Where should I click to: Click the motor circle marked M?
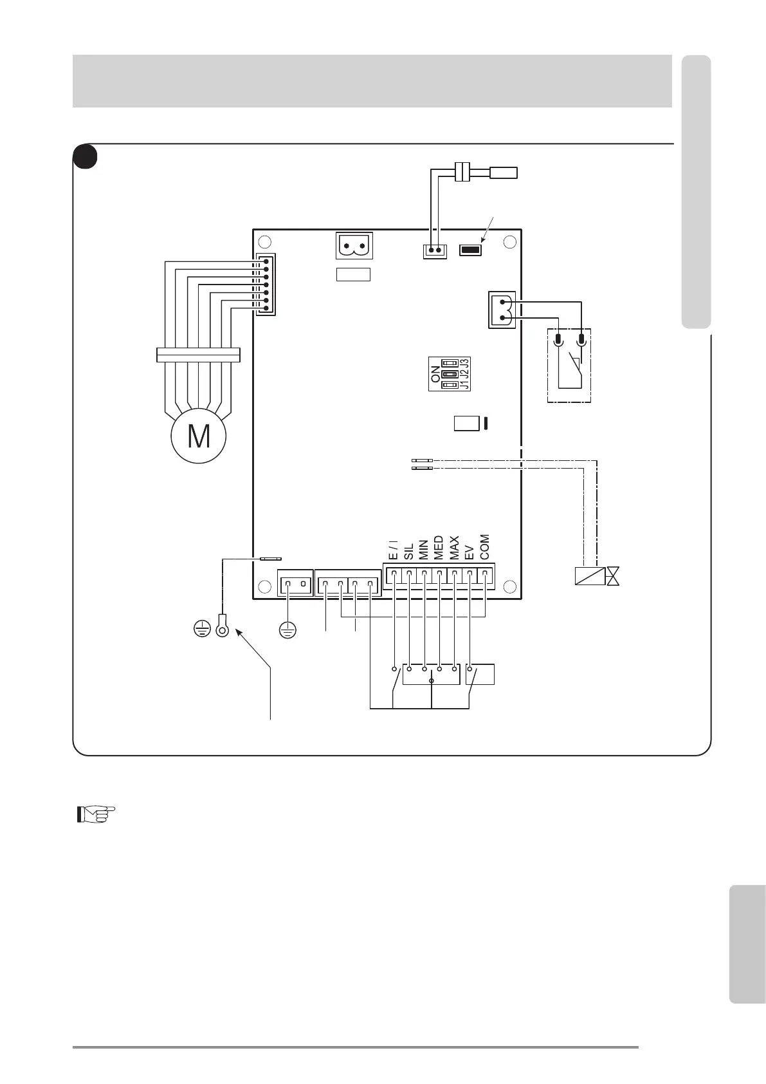199,436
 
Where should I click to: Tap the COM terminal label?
485,547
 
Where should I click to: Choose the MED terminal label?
439,547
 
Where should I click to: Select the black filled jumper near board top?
471,250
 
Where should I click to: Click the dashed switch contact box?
569,365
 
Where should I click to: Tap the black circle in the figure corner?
85,157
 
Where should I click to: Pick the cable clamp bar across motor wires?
198,355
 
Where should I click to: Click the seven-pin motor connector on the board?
266,284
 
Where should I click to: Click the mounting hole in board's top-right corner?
510,242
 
